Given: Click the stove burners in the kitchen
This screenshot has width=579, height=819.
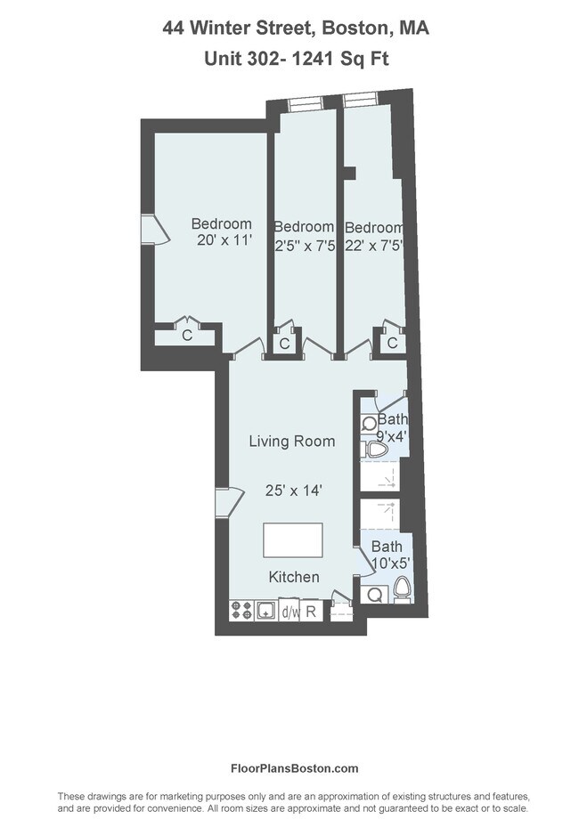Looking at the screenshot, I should click(x=242, y=611).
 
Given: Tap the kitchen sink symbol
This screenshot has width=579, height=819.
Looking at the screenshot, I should click(x=265, y=611).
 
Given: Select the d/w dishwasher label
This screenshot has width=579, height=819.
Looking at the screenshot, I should click(x=289, y=612).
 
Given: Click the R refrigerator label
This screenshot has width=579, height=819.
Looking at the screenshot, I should click(x=311, y=612).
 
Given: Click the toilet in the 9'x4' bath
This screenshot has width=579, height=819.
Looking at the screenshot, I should click(x=378, y=449).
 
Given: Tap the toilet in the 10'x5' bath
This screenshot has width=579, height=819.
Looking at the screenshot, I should click(x=402, y=589).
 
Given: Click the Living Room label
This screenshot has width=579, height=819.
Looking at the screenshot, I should click(x=291, y=441).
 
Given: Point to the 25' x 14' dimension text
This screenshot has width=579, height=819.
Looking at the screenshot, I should click(x=293, y=490).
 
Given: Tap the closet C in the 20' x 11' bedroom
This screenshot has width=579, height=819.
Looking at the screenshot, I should click(x=187, y=336).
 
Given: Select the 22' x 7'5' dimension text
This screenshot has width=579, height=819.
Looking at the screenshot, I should click(x=374, y=247).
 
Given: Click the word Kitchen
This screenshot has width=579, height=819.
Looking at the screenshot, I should click(x=294, y=577).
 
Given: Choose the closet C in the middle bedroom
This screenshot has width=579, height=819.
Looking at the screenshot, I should click(x=284, y=344).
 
